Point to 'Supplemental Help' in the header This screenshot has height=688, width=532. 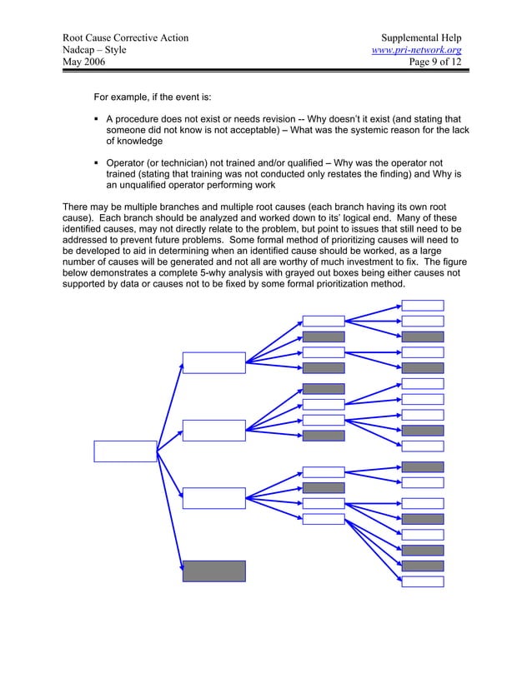(x=421, y=38)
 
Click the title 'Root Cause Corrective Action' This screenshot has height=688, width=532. (x=125, y=38)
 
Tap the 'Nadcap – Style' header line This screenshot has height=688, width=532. (x=94, y=52)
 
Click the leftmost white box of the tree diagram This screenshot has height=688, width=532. (x=125, y=451)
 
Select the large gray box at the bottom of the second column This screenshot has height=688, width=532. (x=214, y=571)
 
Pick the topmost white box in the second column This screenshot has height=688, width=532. (x=214, y=363)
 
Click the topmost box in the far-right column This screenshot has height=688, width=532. (x=423, y=305)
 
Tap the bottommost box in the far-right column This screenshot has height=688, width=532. (x=423, y=581)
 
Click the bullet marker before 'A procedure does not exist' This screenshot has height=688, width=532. (x=97, y=121)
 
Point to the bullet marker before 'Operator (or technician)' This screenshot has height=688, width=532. (x=97, y=162)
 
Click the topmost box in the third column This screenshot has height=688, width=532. (x=324, y=321)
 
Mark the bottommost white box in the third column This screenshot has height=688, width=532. (x=324, y=519)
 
